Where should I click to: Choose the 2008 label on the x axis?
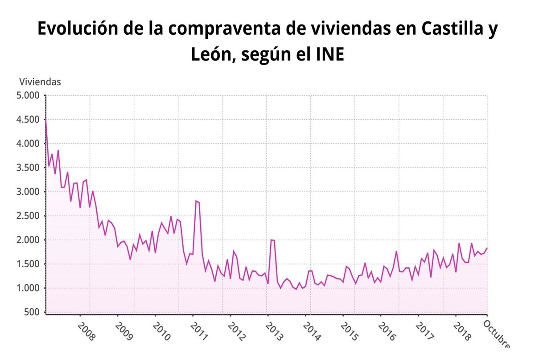(x=86, y=331)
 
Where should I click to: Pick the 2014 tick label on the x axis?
(x=311, y=331)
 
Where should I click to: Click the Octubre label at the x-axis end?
(x=496, y=333)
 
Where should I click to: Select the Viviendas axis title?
(x=40, y=82)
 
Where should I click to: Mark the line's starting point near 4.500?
(x=46, y=119)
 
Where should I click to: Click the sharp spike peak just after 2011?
(x=196, y=201)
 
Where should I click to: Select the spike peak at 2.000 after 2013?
(x=271, y=240)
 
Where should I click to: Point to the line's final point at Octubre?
(x=487, y=248)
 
